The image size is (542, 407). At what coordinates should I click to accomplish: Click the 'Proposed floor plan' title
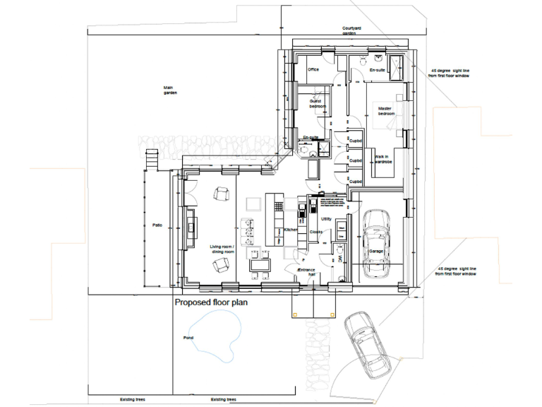(x=211, y=302)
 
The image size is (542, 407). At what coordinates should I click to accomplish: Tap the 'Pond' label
(x=188, y=338)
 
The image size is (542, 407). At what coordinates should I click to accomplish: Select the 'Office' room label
(x=313, y=69)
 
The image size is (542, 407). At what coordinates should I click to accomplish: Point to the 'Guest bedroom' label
(x=318, y=103)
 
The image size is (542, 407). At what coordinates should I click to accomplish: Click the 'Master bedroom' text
(x=386, y=111)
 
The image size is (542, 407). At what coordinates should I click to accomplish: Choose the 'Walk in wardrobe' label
(x=383, y=159)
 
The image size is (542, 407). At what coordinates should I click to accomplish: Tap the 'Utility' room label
(x=326, y=219)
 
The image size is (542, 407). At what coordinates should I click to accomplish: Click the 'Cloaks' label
(x=315, y=232)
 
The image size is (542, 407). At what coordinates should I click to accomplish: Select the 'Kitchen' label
(x=291, y=230)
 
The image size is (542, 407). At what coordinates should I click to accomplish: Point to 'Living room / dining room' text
(x=222, y=249)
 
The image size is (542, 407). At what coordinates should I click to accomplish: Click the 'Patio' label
(x=157, y=225)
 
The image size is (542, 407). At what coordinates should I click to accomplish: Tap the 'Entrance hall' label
(x=306, y=273)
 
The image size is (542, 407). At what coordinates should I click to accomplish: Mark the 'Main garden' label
(x=169, y=90)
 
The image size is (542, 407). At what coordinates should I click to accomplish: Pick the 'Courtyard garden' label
(x=353, y=30)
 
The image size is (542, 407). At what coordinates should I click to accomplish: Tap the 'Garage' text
(x=376, y=252)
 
